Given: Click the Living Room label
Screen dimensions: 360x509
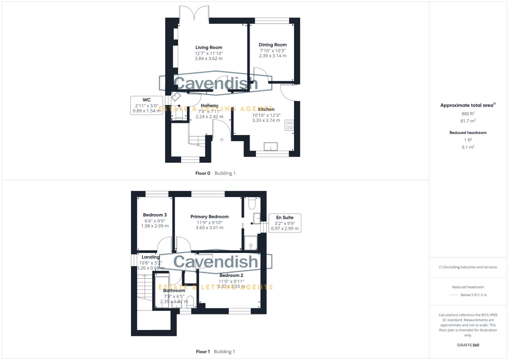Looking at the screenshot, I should [209, 47].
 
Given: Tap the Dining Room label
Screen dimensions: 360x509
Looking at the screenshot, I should [272, 45].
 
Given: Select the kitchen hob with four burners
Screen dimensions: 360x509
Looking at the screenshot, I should [289, 125].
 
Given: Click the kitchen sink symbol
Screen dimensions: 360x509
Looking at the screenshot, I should [270, 146].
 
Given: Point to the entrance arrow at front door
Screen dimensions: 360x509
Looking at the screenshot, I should [222, 140].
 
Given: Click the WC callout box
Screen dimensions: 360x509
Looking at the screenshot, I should [147, 105].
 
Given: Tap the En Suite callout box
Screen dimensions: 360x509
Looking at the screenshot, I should [285, 223].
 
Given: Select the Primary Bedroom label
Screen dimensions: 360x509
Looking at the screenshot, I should [209, 217].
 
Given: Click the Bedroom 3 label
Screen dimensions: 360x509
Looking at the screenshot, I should [155, 215].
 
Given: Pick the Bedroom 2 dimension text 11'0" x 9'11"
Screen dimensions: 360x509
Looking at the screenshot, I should [231, 281].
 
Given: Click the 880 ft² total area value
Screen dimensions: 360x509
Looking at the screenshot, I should [468, 114].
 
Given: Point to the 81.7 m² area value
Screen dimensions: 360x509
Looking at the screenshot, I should [468, 121].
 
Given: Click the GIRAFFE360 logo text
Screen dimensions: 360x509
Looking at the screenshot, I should [468, 345].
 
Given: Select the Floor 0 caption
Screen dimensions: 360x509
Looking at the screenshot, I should [203, 173].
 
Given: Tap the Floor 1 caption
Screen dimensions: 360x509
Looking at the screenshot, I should [203, 352].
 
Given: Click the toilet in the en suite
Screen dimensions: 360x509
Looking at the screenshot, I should [252, 203].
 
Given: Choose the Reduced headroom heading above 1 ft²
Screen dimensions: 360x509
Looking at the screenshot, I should [468, 133].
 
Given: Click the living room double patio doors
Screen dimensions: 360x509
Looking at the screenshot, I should [194, 13].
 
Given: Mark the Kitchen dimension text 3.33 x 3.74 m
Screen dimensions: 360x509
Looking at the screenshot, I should [266, 120].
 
